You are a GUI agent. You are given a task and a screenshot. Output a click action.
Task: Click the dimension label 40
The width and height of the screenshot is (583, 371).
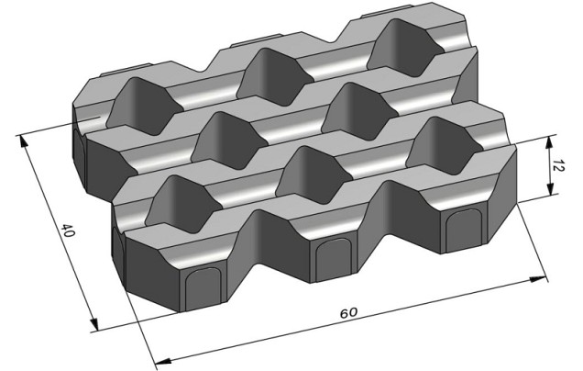point(68,230)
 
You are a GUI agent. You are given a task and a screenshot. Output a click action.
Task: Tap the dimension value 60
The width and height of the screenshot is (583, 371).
point(348,312)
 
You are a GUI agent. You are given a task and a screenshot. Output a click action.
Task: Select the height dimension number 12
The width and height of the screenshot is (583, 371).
point(558,165)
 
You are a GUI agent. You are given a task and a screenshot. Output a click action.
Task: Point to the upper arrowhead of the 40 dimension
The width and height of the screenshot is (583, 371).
point(23,141)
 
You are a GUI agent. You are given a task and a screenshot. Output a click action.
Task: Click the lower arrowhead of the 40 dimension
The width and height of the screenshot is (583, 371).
point(94,323)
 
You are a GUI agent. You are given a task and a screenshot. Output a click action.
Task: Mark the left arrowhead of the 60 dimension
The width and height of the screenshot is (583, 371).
point(162,361)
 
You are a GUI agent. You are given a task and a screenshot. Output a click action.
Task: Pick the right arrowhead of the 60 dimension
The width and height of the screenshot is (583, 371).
point(538,279)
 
